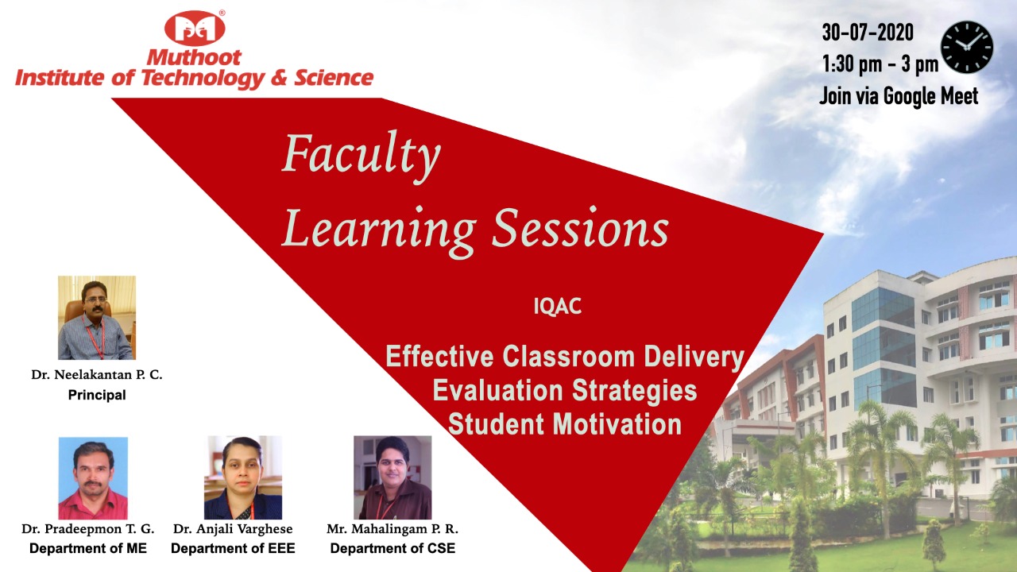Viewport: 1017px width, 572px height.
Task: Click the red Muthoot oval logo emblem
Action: (195, 29)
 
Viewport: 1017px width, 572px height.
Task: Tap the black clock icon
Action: (967, 47)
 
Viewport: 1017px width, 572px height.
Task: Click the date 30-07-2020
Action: (868, 33)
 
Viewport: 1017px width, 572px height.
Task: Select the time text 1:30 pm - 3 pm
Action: (880, 64)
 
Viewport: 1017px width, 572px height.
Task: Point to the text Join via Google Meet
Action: (899, 96)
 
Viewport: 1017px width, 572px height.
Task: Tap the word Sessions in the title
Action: (580, 228)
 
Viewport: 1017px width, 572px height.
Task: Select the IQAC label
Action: (558, 306)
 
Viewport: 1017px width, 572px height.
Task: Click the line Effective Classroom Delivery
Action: (565, 357)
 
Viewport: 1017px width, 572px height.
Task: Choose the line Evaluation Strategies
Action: (565, 390)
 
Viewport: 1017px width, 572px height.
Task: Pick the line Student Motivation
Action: (565, 424)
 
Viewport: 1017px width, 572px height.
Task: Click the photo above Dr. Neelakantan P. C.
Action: (97, 317)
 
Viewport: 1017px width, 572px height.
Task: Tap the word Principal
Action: (97, 395)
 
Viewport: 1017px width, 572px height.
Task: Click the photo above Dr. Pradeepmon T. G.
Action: (93, 478)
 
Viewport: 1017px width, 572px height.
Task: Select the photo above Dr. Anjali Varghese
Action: (243, 477)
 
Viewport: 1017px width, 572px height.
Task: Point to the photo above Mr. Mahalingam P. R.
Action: (392, 477)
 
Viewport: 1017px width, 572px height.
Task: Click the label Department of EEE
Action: (233, 548)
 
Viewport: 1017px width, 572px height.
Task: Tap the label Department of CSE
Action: (392, 548)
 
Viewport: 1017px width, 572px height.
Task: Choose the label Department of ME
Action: (88, 548)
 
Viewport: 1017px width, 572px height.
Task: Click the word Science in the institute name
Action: (334, 78)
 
